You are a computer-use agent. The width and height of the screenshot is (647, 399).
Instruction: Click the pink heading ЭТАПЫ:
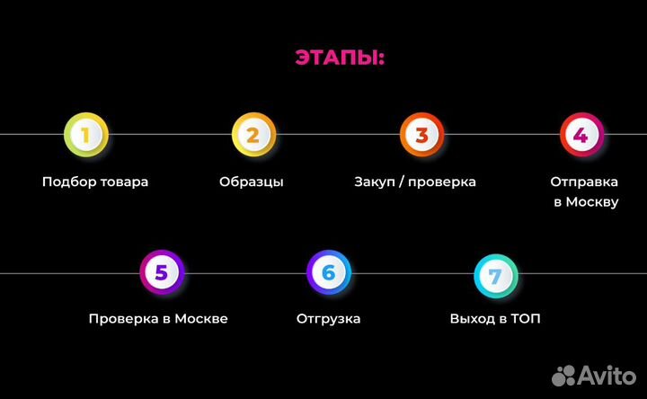coord(339,58)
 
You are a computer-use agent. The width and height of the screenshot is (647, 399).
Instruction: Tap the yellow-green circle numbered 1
coord(86,135)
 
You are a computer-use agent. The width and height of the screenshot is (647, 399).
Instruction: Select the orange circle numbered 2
coord(253,135)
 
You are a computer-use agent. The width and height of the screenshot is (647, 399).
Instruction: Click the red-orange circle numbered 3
coord(421,135)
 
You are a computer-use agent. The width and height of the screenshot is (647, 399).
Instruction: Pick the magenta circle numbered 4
coord(581,135)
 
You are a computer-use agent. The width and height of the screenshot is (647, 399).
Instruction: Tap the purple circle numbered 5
coord(162,272)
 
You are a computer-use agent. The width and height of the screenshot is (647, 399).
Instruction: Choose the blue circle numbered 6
coord(328,272)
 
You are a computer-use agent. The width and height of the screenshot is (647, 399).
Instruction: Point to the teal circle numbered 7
coord(495,275)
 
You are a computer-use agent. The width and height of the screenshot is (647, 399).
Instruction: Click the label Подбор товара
coord(95,182)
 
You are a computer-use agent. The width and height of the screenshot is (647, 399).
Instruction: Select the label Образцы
coord(252,182)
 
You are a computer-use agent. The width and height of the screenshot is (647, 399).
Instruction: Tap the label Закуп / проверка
coord(415,182)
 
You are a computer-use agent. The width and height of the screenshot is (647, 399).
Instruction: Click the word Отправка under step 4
coord(584,182)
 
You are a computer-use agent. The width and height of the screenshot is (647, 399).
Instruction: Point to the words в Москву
coord(585,202)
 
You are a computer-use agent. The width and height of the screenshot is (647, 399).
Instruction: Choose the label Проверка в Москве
coord(158,319)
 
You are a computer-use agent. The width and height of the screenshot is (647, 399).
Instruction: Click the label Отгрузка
coord(328,319)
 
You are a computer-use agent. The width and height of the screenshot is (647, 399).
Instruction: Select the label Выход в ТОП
coord(495,319)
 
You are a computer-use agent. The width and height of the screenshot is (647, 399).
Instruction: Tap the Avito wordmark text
coord(608,374)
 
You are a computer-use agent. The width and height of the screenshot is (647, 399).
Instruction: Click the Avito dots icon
coord(564,375)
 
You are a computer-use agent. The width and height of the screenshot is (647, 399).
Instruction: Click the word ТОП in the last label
coord(527,319)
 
